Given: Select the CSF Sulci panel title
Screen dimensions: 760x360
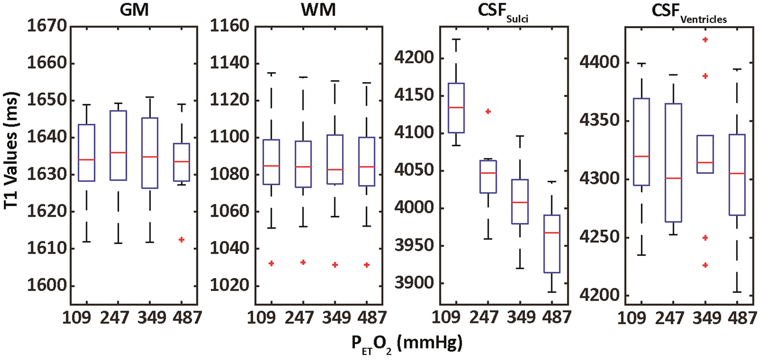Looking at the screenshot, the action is tap(503, 11).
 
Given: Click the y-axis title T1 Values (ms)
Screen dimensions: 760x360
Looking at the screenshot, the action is tap(11, 150).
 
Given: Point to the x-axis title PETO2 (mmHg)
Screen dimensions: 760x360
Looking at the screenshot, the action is tap(407, 344).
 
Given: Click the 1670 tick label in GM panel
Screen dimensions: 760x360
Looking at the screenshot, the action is tap(47, 26).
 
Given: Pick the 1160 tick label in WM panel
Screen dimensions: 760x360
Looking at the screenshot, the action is tap(230, 26).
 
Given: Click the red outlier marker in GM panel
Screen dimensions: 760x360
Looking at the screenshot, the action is tap(181, 239).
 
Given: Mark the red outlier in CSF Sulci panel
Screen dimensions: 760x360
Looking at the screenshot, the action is tap(488, 111).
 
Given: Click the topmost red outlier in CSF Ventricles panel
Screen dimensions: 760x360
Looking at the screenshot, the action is tap(705, 40).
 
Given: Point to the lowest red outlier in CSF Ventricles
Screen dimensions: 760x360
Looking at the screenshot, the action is tap(705, 265).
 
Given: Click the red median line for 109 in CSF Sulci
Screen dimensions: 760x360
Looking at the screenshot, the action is tap(456, 107).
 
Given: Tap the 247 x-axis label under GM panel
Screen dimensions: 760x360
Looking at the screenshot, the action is tap(115, 318).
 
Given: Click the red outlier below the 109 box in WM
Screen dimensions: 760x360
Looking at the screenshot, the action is tap(271, 263).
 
